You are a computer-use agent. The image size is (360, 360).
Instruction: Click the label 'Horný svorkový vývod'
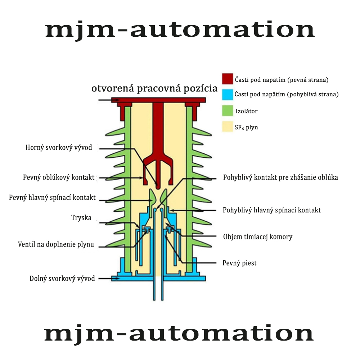pyautogui.click(x=59, y=148)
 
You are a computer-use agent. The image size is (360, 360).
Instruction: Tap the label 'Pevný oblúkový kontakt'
pyautogui.click(x=59, y=177)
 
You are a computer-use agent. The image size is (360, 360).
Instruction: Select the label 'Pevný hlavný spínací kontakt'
pyautogui.click(x=52, y=198)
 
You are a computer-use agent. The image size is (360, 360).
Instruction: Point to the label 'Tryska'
pyautogui.click(x=81, y=218)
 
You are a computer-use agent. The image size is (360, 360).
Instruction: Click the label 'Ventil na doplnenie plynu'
pyautogui.click(x=56, y=244)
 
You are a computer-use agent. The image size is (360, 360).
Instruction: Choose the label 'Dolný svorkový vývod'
pyautogui.click(x=62, y=279)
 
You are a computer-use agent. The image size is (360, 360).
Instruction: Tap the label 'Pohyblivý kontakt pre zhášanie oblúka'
pyautogui.click(x=280, y=177)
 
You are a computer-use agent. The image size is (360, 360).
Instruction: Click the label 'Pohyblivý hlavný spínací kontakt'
pyautogui.click(x=272, y=210)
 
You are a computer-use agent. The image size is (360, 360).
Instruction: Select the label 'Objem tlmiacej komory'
pyautogui.click(x=258, y=237)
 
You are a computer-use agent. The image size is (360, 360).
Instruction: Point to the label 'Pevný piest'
pyautogui.click(x=239, y=263)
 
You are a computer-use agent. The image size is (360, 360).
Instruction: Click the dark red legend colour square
pyautogui.click(x=228, y=79)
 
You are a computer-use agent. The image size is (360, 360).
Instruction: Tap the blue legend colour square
pyautogui.click(x=228, y=95)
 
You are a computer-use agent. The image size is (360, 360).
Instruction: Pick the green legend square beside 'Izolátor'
pyautogui.click(x=228, y=111)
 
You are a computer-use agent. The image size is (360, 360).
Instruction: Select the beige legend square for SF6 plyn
pyautogui.click(x=228, y=126)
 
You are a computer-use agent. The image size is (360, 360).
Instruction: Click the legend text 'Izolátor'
pyautogui.click(x=247, y=111)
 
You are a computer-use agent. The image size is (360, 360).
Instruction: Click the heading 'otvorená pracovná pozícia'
pyautogui.click(x=154, y=89)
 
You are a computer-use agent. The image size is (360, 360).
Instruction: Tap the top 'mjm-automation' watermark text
pyautogui.click(x=180, y=30)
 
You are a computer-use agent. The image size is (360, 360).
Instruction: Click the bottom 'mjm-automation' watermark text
pyautogui.click(x=179, y=334)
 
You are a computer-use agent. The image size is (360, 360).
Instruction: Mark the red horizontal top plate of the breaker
pyautogui.click(x=158, y=100)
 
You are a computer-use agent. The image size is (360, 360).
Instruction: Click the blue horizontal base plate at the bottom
pyautogui.click(x=158, y=279)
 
